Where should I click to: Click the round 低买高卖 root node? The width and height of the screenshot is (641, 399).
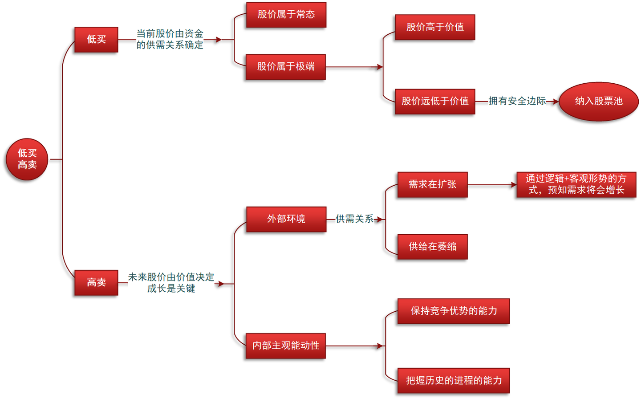tap(27, 159)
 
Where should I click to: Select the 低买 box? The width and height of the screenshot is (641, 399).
tap(96, 40)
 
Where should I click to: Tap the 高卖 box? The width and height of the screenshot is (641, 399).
tap(96, 282)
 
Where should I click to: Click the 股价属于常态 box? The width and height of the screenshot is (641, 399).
tap(286, 15)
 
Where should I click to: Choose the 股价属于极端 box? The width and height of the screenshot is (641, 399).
tap(285, 67)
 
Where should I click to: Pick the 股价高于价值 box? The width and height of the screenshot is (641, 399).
tap(434, 27)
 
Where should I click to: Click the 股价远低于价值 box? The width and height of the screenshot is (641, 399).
tap(434, 102)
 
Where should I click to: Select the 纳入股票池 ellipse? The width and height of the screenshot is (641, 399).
tap(598, 102)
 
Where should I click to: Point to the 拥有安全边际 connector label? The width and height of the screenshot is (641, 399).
tap(517, 101)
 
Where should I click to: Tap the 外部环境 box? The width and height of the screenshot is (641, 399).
tap(286, 219)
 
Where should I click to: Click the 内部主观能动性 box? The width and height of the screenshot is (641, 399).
tap(285, 346)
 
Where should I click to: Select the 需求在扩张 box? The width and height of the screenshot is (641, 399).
tap(432, 184)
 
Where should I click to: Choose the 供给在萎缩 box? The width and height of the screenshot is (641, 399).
tap(432, 246)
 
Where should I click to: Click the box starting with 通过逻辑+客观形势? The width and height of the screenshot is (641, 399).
tap(576, 184)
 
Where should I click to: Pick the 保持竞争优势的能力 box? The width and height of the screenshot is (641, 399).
tap(453, 311)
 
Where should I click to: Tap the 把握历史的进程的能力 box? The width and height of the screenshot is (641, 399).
tap(453, 380)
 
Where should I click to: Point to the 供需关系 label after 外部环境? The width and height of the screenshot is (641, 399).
tap(354, 219)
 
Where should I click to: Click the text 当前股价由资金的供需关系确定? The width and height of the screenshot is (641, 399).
tap(170, 39)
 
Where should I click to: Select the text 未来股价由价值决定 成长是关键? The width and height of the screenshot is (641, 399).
tap(171, 283)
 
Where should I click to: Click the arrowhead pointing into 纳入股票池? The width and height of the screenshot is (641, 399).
tap(556, 102)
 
